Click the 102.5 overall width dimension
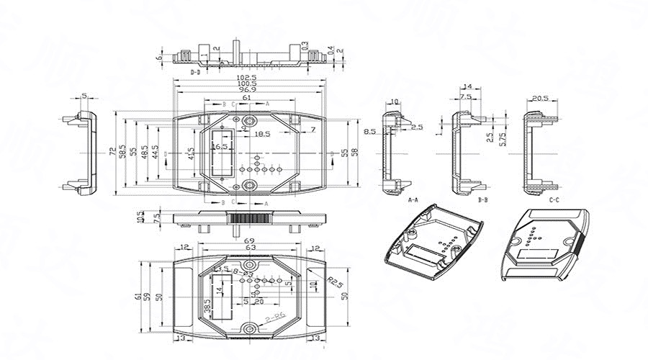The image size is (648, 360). coord(246,77)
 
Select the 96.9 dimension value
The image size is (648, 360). coord(246,91)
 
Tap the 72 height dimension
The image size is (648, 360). coord(112,152)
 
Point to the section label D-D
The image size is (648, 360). coord(195,73)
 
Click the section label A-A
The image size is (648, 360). coord(413,199)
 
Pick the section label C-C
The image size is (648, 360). coord(554,199)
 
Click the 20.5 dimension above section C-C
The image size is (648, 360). coord(540,98)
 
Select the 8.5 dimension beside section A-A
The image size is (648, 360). coord(370,132)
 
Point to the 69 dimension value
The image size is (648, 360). coord(249,242)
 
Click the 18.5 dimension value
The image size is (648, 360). coord(261,135)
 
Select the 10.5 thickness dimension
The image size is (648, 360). coord(140,217)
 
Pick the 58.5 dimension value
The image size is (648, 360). coord(123,152)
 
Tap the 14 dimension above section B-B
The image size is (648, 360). coord(467,86)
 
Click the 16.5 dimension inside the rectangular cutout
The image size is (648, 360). coord(220,146)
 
